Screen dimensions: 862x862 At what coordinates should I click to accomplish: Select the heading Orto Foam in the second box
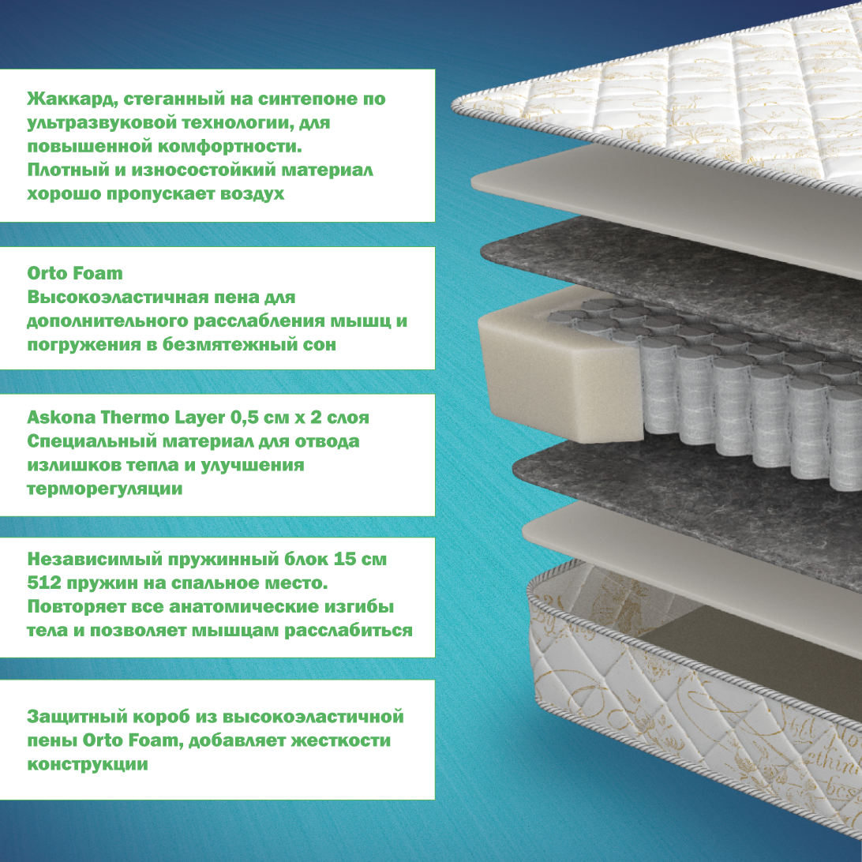point(75,273)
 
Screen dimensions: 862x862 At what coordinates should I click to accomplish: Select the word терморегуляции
point(104,489)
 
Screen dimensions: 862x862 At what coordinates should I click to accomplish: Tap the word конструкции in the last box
point(87,765)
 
